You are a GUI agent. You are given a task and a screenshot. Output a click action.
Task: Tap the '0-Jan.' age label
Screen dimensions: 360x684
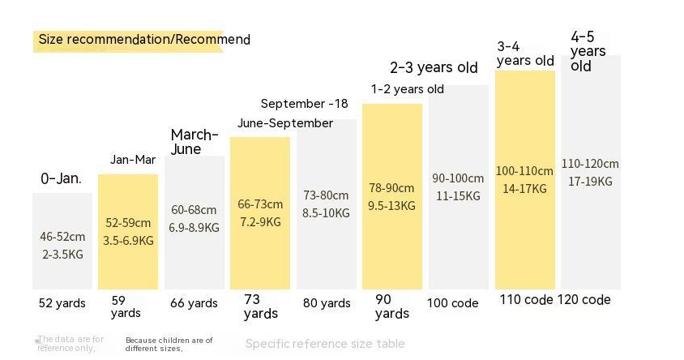tap(62, 178)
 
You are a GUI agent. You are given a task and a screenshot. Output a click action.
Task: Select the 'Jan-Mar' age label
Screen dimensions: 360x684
tap(133, 160)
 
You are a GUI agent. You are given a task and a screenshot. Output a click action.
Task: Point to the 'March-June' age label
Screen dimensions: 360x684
tap(195, 142)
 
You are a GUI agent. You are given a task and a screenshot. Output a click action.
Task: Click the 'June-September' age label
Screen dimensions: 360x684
tap(285, 123)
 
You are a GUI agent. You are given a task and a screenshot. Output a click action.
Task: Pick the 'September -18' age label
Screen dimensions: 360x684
tap(304, 104)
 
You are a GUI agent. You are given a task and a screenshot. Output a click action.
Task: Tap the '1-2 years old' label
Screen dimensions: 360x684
tap(408, 89)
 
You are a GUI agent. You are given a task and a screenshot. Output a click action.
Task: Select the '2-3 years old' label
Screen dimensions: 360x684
tap(434, 68)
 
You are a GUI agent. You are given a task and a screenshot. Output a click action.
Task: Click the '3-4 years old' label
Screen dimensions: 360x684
tap(525, 54)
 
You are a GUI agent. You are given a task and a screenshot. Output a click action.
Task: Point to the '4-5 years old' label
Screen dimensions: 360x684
tap(588, 51)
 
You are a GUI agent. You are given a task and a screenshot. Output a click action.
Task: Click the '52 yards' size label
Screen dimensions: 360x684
tap(62, 303)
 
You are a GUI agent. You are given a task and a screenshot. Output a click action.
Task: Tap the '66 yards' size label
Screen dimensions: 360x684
tap(194, 303)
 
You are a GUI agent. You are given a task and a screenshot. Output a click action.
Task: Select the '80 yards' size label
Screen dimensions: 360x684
tap(327, 303)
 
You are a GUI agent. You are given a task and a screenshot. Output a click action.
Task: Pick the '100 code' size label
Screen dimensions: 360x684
tap(453, 303)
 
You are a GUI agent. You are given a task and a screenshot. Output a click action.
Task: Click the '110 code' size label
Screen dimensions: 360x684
tap(526, 299)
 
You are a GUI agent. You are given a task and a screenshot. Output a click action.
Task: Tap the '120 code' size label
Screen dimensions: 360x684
tap(584, 299)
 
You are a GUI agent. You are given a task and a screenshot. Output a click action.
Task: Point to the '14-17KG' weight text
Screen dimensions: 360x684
tap(524, 189)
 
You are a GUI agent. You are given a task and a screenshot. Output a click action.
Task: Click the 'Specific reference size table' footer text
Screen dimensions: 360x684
tap(325, 344)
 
